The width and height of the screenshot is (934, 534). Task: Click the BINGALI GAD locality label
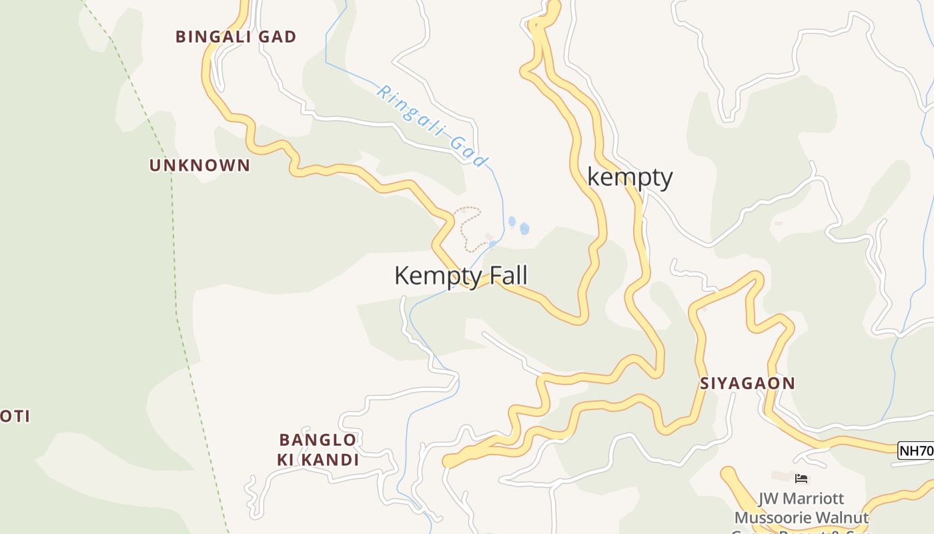click(x=236, y=37)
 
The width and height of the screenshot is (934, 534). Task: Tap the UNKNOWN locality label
click(x=199, y=166)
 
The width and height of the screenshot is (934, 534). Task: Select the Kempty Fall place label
click(x=461, y=276)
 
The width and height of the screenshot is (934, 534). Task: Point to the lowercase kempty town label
click(x=630, y=178)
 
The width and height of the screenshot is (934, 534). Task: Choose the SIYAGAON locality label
click(x=747, y=384)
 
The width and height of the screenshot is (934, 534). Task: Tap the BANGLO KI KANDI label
click(x=318, y=450)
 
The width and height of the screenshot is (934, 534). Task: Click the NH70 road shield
click(x=915, y=451)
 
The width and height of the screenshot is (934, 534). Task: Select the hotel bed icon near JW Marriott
click(x=801, y=478)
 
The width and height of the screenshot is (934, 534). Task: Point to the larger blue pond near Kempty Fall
click(x=524, y=228)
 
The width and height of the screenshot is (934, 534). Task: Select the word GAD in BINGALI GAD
click(x=280, y=37)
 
